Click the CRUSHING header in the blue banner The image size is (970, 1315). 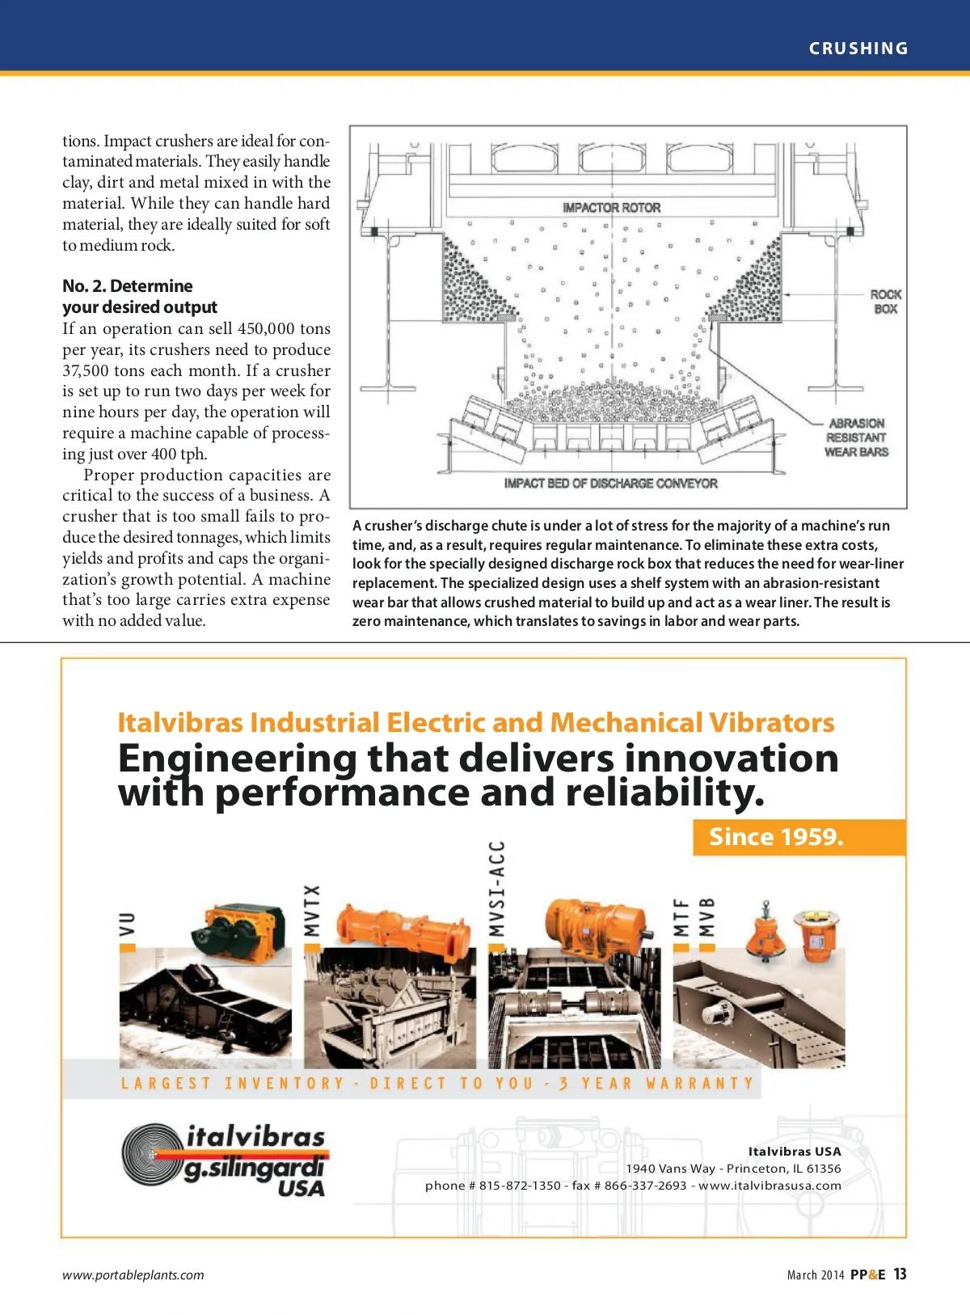(858, 49)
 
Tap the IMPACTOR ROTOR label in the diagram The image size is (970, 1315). (611, 208)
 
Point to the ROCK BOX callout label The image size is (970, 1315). (885, 302)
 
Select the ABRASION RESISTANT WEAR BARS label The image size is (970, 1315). (856, 438)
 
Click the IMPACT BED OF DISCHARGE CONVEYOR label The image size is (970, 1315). (610, 484)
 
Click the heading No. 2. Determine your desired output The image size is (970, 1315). (139, 297)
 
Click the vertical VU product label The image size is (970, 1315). (127, 924)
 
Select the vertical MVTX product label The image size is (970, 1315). (312, 910)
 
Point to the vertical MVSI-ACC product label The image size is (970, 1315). (496, 888)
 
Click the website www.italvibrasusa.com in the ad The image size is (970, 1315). (770, 1186)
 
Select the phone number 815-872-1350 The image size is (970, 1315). (519, 1186)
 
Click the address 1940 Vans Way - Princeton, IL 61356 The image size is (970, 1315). (733, 1169)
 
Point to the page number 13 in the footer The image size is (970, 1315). (900, 1275)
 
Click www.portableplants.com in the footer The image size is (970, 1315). (133, 1275)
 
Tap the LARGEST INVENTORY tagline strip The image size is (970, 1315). (436, 1083)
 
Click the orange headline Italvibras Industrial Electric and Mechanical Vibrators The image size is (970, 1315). (475, 722)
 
